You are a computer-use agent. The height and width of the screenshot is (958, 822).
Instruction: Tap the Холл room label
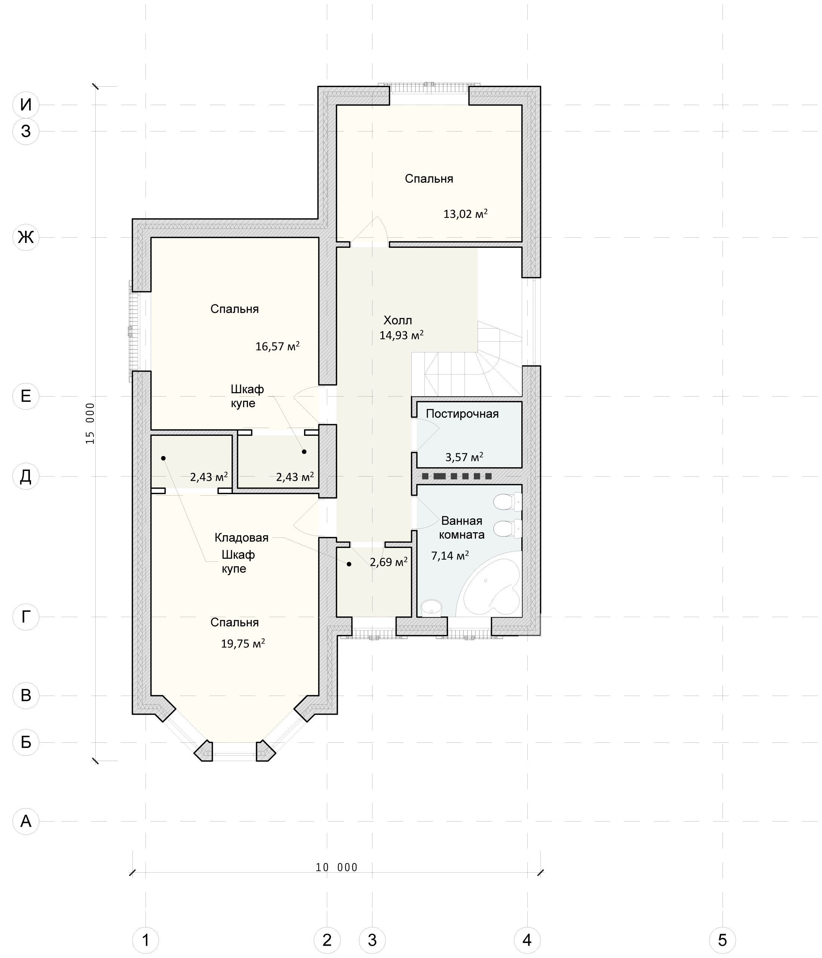398,320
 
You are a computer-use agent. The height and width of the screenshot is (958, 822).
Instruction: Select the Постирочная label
462,414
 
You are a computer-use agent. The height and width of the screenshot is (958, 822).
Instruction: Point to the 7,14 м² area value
450,555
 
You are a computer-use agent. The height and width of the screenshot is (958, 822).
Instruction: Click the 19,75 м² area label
243,644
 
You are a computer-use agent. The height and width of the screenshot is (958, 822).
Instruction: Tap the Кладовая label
242,538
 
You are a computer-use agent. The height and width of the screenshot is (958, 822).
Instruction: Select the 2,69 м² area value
389,562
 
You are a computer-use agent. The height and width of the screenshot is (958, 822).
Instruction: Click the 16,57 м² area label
277,346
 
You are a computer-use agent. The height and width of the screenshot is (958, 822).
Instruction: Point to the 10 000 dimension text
337,868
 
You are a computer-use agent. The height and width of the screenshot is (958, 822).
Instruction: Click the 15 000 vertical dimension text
90,423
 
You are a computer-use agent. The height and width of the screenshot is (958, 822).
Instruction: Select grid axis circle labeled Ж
26,237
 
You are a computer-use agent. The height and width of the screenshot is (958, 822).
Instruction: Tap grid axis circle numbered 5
722,940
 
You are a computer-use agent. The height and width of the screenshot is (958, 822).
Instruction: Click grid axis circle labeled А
26,821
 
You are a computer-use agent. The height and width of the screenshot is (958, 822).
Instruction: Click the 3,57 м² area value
464,457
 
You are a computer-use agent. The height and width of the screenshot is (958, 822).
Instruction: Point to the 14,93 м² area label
402,335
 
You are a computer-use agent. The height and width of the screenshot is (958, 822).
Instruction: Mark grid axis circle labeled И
26,105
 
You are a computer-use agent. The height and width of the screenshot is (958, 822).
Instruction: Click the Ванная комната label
461,527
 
